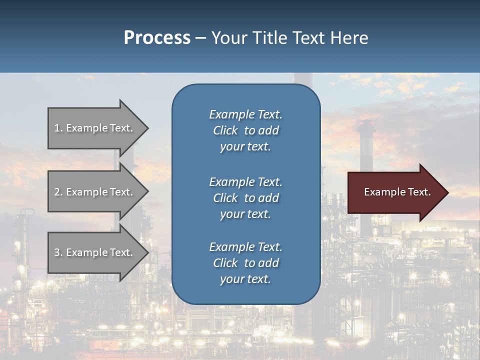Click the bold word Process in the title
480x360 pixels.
coord(157,37)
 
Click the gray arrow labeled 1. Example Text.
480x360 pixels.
coord(95,128)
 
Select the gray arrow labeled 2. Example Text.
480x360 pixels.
coord(95,192)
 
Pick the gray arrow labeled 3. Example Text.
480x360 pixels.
coord(95,252)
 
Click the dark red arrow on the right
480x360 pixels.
coord(395,192)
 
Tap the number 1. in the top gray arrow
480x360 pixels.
coord(58,128)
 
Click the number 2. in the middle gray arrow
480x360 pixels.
coord(58,192)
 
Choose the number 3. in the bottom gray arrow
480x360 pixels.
coord(58,252)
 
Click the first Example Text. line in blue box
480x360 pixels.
coord(245,114)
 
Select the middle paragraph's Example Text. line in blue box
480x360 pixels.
coord(245,181)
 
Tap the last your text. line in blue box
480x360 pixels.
coord(245,279)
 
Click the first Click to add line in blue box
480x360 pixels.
coord(245,130)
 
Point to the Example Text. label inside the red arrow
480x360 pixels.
coord(397,192)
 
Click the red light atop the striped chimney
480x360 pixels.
coord(366,122)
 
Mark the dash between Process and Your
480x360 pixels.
coord(200,38)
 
